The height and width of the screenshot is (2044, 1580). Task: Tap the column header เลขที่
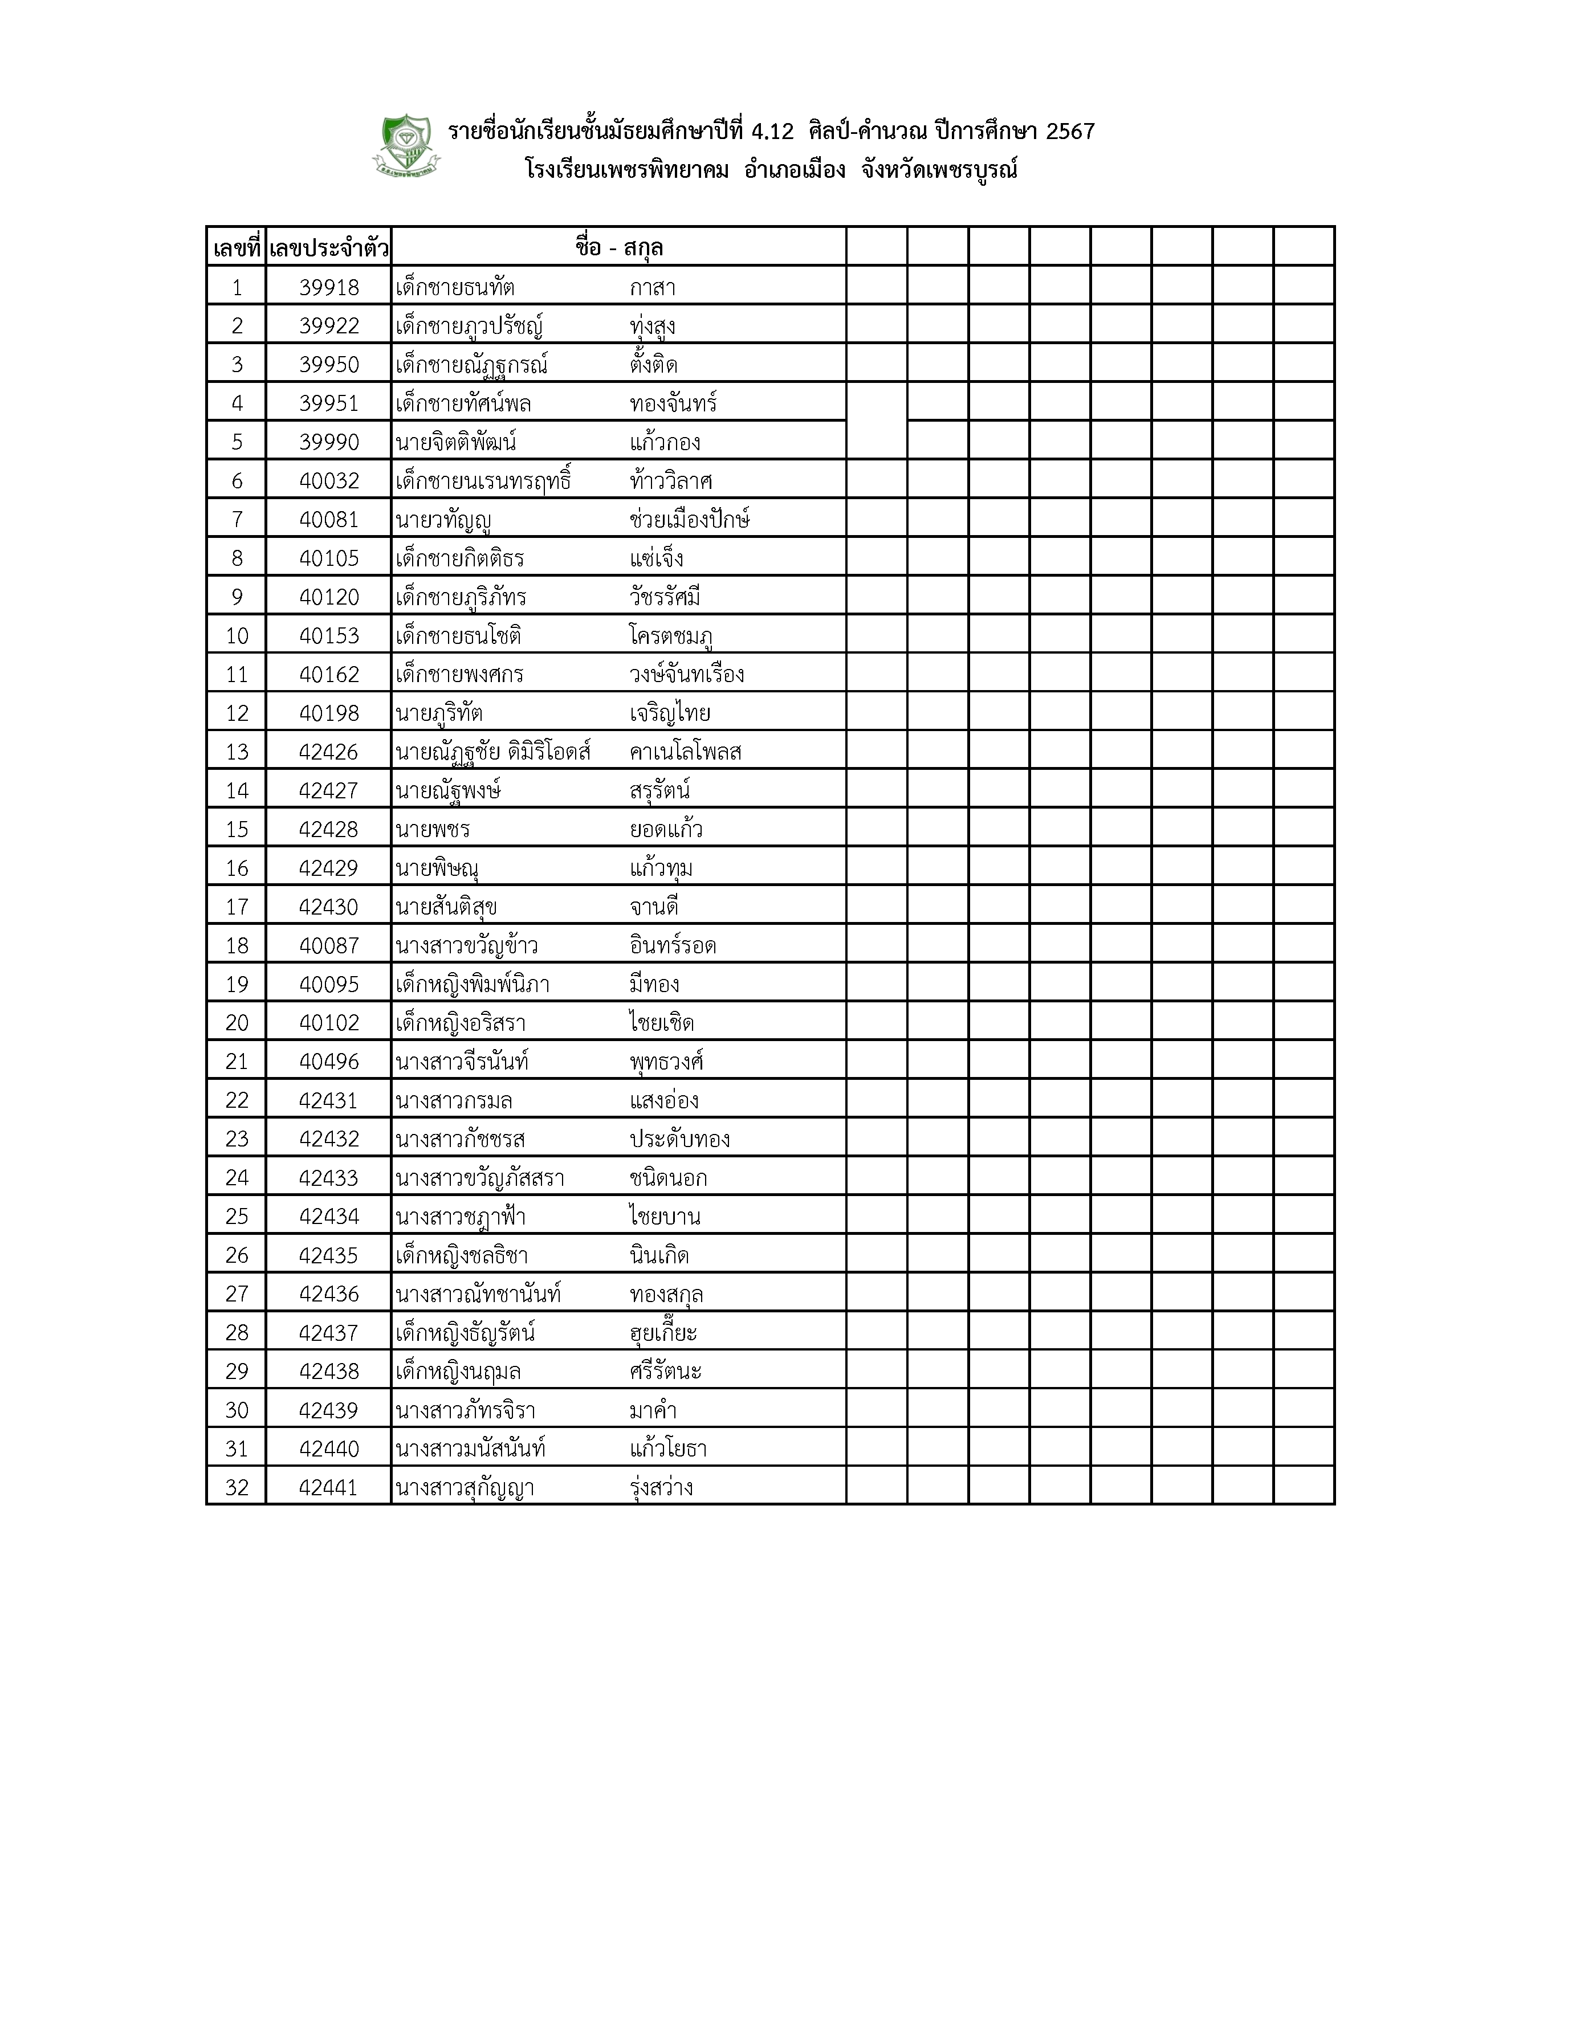[x=236, y=249]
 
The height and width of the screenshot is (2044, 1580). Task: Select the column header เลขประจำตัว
[x=328, y=249]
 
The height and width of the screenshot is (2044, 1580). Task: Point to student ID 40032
[x=328, y=481]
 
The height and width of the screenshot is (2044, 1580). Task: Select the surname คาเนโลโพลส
[x=686, y=752]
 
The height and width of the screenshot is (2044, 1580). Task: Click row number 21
[x=237, y=1061]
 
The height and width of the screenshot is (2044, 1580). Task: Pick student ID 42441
[x=328, y=1487]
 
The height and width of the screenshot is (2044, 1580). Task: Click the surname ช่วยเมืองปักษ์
[x=690, y=520]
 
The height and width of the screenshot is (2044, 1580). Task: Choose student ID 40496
[x=328, y=1061]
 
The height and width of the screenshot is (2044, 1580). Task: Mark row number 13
[x=237, y=752]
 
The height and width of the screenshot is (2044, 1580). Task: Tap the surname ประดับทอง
[x=679, y=1139]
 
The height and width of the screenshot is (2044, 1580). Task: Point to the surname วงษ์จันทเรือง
[x=687, y=675]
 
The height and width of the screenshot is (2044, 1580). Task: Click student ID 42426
[x=328, y=752]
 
